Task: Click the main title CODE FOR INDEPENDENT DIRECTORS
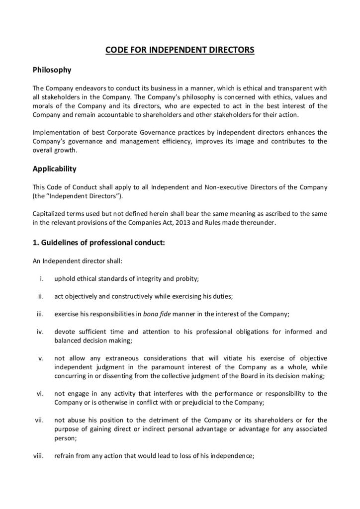point(180,50)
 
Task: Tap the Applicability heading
point(54,169)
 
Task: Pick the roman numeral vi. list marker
point(41,394)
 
